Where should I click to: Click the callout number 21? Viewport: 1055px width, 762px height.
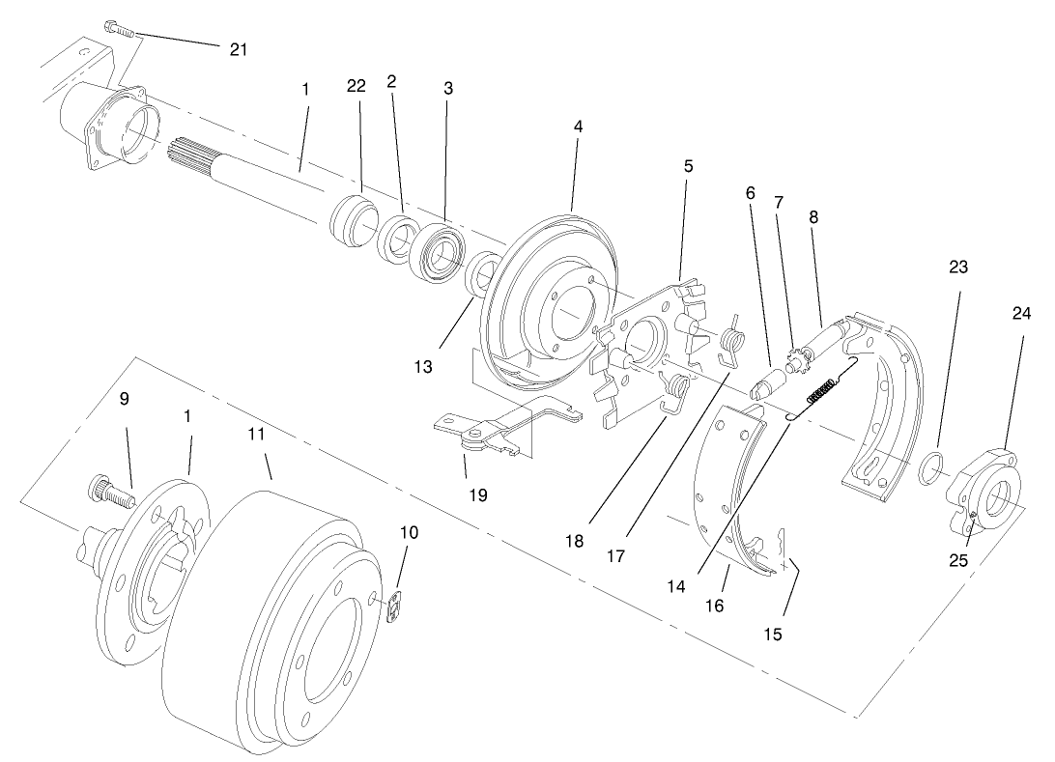[x=239, y=50]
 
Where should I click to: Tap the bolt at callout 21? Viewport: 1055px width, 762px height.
[x=115, y=30]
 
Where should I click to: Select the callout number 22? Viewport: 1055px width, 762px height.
[x=356, y=85]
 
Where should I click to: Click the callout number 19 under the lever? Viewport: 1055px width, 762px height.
[x=477, y=494]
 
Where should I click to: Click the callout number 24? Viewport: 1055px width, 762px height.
[x=1021, y=313]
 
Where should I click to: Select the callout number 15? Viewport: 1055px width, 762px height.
[x=773, y=635]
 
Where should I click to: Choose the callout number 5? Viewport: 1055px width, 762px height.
[x=688, y=166]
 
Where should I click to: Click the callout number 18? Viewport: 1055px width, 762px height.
[x=576, y=541]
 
